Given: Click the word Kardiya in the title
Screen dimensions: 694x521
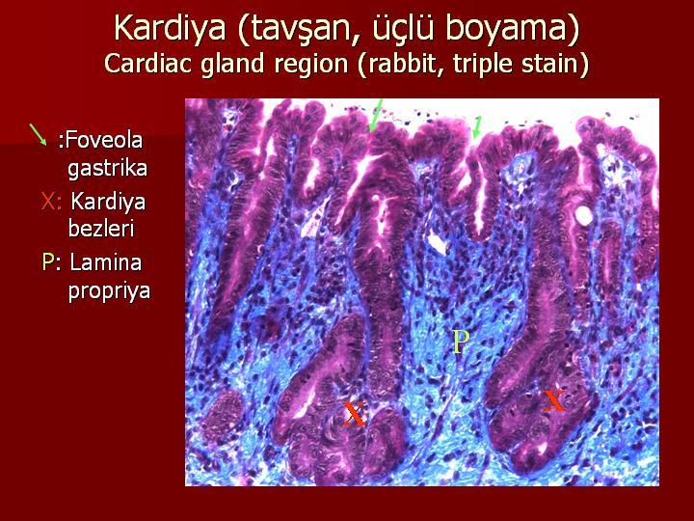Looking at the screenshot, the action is pos(171,27).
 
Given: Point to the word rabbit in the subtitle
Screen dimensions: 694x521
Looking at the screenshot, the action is pos(400,63).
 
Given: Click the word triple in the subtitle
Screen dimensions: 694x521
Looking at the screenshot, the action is pos(484,64).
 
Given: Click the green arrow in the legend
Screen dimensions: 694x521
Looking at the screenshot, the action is pos(38,135).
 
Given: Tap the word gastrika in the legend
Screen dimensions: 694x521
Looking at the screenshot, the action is pos(107,168).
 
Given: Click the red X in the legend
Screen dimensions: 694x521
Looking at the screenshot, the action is pos(48,201).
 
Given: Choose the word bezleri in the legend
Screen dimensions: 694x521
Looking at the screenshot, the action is pos(101,228).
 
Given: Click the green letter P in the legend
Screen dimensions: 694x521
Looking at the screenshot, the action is pos(47,262).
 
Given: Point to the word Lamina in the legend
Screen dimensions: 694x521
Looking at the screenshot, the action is pos(106,262).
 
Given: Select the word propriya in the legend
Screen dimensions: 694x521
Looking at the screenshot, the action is pos(109,291).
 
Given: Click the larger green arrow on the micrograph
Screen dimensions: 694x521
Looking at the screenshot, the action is pos(375,115).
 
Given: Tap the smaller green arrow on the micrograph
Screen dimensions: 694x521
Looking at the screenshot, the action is pos(477,127).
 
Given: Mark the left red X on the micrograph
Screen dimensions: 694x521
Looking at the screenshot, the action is pos(355,414).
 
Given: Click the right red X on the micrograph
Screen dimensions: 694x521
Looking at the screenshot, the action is pos(553,400).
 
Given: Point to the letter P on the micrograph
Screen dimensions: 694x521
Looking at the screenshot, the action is pos(461,342).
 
